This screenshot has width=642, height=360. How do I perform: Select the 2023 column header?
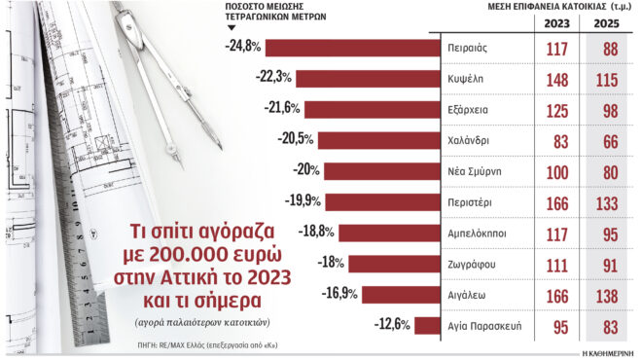click(556, 22)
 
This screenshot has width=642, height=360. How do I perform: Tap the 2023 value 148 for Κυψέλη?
click(556, 79)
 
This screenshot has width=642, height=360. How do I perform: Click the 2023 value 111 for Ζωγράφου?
click(556, 264)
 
